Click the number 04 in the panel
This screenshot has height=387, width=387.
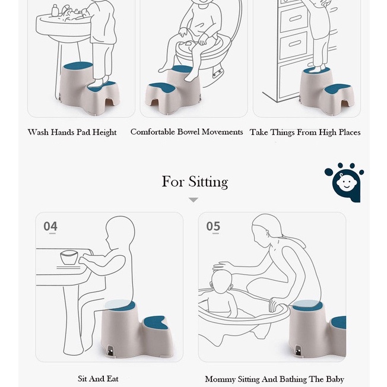(50, 226)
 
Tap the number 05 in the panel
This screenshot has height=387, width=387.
(213, 226)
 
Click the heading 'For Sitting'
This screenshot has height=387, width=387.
(194, 181)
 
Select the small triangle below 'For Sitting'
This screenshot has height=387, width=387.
(193, 200)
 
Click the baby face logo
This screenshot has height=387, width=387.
(345, 182)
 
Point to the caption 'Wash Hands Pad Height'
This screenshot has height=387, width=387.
(72, 132)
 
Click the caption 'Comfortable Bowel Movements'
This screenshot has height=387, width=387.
(186, 132)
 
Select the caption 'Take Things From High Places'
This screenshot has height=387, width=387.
(305, 132)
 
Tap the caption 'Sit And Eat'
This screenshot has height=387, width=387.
(98, 378)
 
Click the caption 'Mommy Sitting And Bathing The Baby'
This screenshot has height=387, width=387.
(274, 379)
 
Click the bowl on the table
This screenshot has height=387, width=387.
(70, 258)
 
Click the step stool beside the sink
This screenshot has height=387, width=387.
(89, 89)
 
